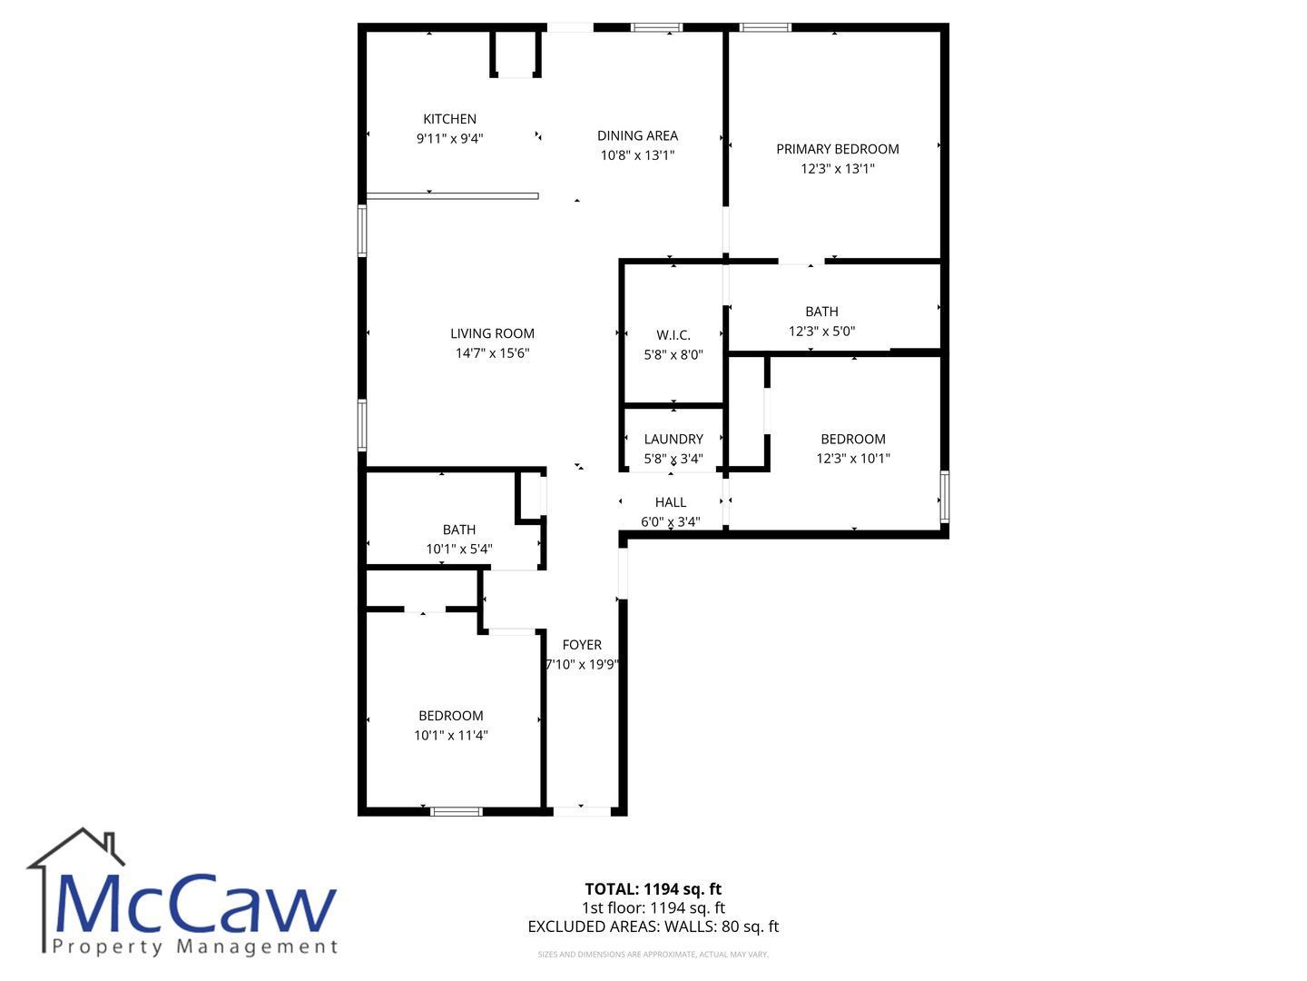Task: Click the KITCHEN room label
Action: (449, 119)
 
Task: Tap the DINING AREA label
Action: (637, 136)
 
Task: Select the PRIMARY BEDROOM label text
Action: (837, 149)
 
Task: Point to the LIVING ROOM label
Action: (492, 333)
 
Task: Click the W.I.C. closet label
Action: (673, 335)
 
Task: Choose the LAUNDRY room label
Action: (673, 439)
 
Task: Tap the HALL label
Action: (671, 502)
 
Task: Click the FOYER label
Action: (582, 645)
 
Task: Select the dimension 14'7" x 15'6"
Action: (492, 353)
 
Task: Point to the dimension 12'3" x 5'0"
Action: (821, 332)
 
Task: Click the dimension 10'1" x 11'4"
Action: (451, 735)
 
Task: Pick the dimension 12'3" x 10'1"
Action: (852, 458)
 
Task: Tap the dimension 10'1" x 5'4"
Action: (459, 549)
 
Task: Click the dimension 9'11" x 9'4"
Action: (449, 139)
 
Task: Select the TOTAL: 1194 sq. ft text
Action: (653, 889)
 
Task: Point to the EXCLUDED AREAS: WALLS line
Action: (653, 926)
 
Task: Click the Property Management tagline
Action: (195, 947)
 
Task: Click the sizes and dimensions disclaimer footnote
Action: (653, 954)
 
